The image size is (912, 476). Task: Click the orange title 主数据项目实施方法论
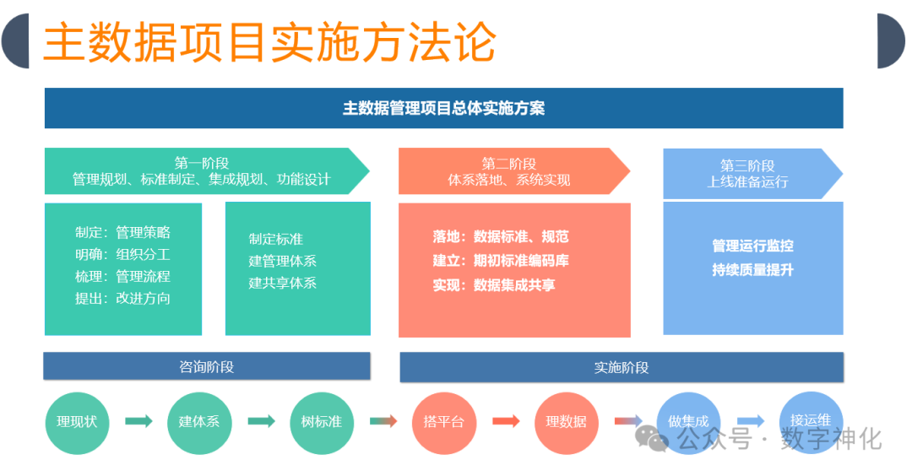pos(269,42)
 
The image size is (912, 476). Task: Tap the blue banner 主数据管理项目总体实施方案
pos(443,109)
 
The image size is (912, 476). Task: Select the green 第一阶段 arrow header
pos(203,171)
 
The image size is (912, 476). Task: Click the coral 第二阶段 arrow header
pos(509,171)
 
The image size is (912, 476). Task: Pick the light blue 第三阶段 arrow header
pos(747,173)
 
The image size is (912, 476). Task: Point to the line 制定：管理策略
pos(122,232)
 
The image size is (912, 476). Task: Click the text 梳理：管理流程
pos(122,276)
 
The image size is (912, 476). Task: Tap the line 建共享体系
pos(282,283)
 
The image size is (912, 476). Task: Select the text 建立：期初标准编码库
pos(501,261)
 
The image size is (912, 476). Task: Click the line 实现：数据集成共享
pos(494,285)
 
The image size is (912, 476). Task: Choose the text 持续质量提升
pos(752,270)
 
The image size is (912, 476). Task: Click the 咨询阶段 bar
pos(207,366)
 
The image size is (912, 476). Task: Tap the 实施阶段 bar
pos(622,367)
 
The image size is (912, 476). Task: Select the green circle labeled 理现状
pos(77,421)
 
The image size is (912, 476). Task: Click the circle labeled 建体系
pos(199,421)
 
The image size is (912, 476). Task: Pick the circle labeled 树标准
pos(322,421)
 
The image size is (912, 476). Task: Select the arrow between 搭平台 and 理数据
pos(506,421)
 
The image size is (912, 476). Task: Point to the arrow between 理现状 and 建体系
pos(138,421)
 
